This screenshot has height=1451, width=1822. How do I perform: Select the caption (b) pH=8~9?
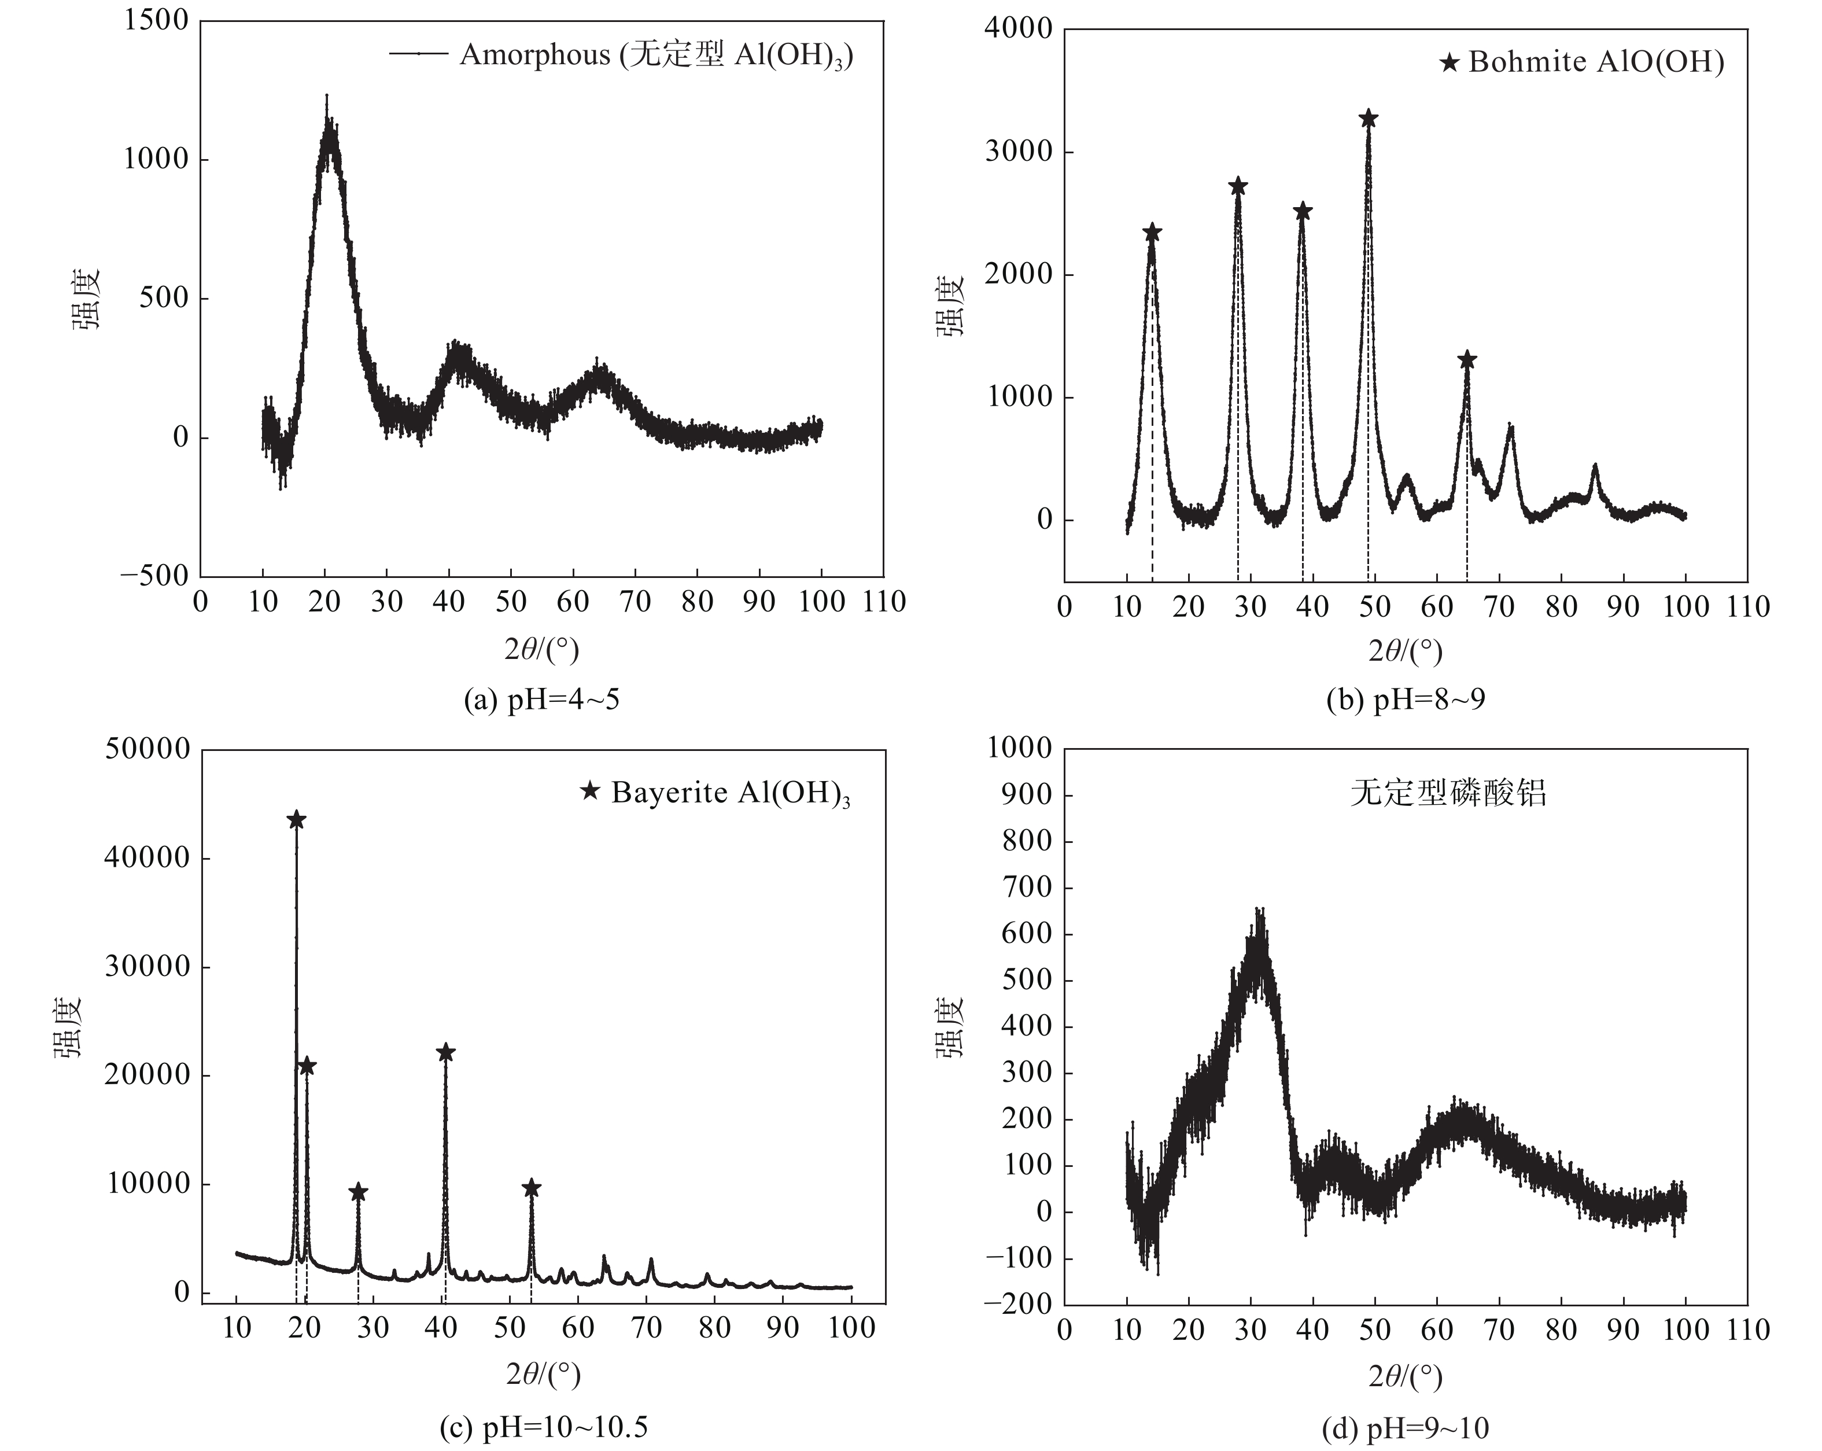(x=1406, y=699)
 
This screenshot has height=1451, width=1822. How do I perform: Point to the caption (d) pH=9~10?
(x=1406, y=1428)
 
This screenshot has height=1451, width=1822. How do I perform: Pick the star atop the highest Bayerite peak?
(x=296, y=820)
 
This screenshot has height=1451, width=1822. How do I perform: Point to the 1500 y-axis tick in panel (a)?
(x=156, y=20)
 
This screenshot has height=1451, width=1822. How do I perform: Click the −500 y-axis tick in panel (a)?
(x=154, y=576)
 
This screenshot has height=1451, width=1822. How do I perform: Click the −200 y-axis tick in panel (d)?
(x=1017, y=1305)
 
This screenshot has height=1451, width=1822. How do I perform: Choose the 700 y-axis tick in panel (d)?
(x=1026, y=887)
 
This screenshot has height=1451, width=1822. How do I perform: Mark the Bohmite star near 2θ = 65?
(x=1466, y=360)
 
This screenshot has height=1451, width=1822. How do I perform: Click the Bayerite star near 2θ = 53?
(x=531, y=1188)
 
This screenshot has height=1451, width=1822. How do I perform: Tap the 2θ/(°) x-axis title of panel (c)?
(x=543, y=1375)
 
